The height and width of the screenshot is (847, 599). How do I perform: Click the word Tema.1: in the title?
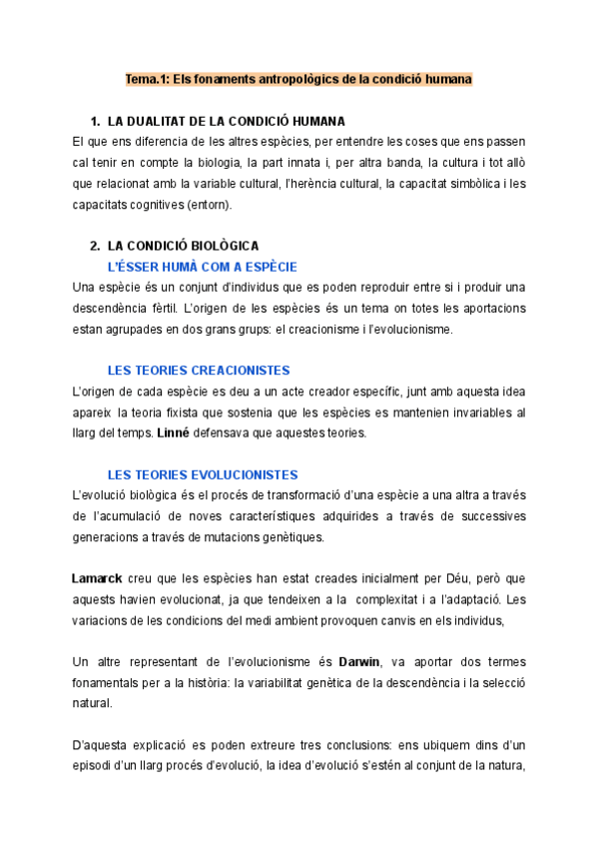(148, 77)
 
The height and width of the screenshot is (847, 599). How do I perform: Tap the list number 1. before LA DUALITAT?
(96, 121)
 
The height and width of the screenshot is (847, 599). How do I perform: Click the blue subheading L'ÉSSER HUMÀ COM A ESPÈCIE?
(203, 267)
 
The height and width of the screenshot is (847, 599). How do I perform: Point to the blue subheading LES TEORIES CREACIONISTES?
(199, 371)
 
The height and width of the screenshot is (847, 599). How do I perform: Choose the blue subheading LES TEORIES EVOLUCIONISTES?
(203, 474)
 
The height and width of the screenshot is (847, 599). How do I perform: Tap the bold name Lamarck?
(98, 578)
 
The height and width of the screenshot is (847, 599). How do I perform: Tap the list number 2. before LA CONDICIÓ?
(96, 245)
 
